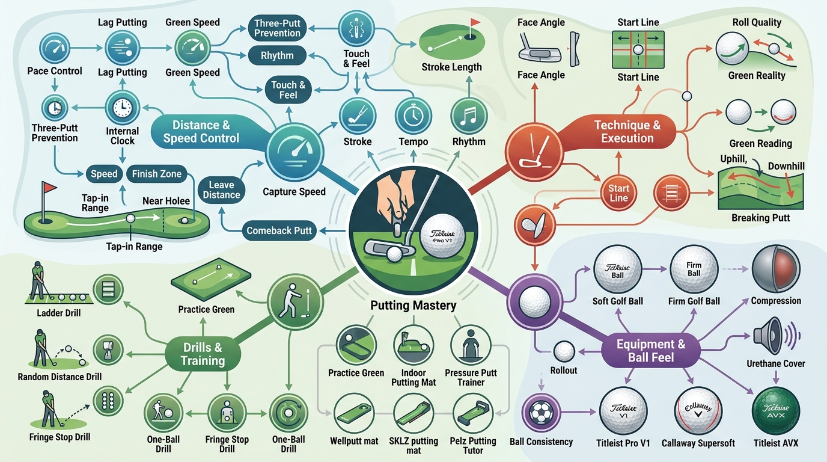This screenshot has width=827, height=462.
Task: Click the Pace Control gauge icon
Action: pos(55,48)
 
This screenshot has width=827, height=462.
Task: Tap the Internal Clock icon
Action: pos(122,108)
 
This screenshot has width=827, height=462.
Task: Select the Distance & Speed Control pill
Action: pos(201,132)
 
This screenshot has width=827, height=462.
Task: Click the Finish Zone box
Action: pos(156,174)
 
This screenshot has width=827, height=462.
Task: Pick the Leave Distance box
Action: pos(222,189)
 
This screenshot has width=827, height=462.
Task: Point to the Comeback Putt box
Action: pos(279,230)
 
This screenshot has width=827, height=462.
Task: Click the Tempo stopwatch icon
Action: pos(413,115)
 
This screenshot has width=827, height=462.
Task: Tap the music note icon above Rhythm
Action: pos(469,115)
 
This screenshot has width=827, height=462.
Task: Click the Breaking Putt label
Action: pos(760,218)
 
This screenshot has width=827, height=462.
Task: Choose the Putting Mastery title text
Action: pos(413,305)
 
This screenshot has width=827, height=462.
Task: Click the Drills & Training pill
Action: pos(203,354)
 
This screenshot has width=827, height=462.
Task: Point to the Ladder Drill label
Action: pos(59,313)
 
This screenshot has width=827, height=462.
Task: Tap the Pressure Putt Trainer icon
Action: pos(471,345)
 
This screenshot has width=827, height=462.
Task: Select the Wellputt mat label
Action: pos(354,441)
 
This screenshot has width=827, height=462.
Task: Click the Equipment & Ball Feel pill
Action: pos(651,351)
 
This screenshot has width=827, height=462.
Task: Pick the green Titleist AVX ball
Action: pos(776,411)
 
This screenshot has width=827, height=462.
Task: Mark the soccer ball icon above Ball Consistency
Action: pos(541,413)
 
